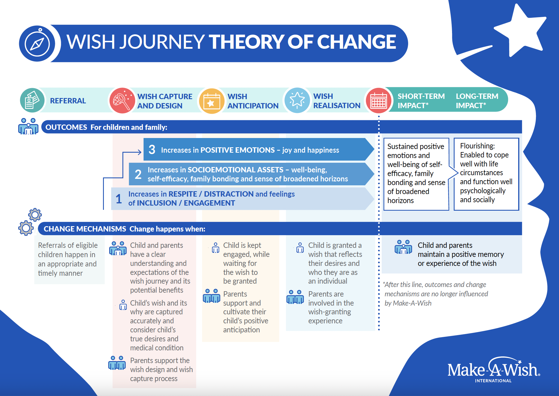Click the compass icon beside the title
click(x=37, y=43)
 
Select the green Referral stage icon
click(x=32, y=100)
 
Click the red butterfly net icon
click(x=122, y=101)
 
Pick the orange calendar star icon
click(x=212, y=101)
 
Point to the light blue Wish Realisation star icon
click(x=297, y=100)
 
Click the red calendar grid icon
click(x=379, y=101)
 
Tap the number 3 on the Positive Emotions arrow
click(x=152, y=150)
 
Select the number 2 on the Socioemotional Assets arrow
click(x=138, y=174)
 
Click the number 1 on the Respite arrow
click(x=119, y=199)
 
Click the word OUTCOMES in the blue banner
click(x=66, y=127)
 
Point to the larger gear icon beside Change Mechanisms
click(x=26, y=228)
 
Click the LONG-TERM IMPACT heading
click(x=477, y=101)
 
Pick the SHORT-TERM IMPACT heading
click(x=421, y=101)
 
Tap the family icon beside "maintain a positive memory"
click(x=403, y=247)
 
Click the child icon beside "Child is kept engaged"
click(x=216, y=248)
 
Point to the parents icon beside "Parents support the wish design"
click(x=117, y=363)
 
